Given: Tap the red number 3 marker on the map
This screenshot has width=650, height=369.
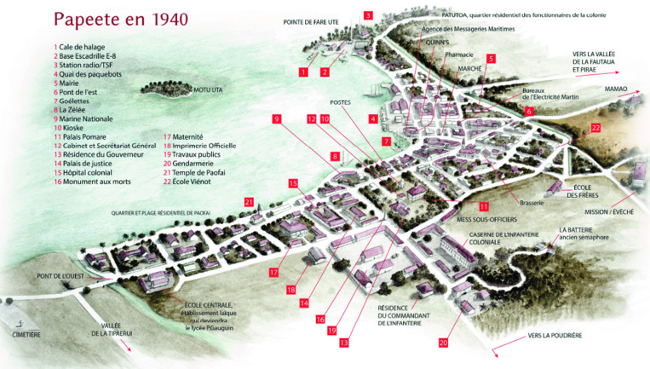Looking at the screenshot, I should click(x=368, y=15).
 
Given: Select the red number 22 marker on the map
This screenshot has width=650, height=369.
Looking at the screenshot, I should click(x=595, y=128).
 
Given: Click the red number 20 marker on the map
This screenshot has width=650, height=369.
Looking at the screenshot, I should click(x=443, y=343).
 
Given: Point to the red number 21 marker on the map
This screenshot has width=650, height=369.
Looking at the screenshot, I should click(x=249, y=202).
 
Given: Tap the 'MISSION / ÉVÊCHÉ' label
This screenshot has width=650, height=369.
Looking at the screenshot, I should click(x=609, y=211).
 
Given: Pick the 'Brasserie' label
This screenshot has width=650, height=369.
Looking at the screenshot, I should click(x=531, y=202).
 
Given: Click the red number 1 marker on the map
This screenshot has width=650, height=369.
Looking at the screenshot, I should click(x=302, y=72).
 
